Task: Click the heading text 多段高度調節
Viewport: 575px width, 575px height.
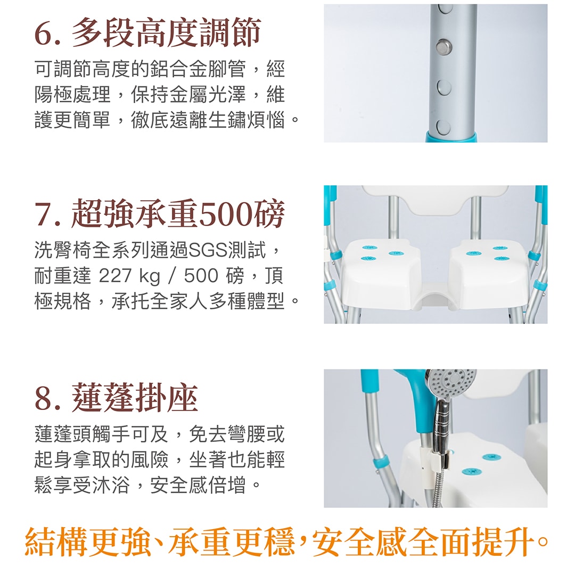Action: point(166,32)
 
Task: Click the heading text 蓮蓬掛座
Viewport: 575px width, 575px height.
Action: point(135,398)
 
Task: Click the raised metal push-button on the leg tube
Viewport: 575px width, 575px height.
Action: point(443,46)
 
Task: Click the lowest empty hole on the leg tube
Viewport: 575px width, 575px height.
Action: point(443,127)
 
